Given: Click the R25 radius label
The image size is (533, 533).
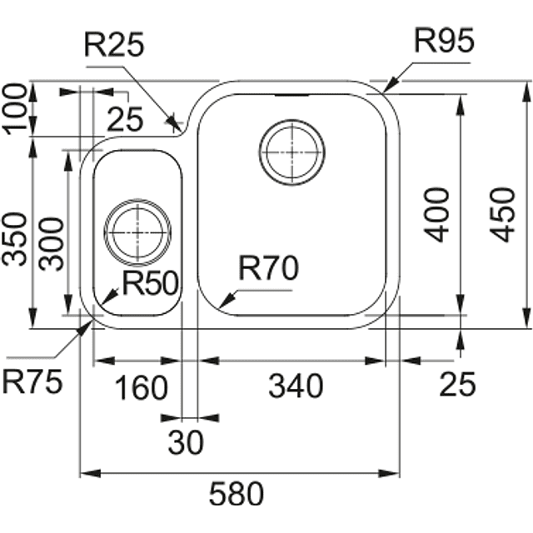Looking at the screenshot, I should coord(114,47).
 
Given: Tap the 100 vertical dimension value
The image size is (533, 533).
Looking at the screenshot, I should coord(17,107).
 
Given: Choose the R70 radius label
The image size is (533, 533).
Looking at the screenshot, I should coord(268,268).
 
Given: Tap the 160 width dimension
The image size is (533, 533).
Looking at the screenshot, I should coord(140,386).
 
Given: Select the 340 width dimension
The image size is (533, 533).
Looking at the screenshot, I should coord(295,386).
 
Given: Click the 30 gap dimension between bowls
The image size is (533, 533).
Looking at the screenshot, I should coord(185,444).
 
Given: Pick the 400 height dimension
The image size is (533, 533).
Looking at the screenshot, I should coord(438,214).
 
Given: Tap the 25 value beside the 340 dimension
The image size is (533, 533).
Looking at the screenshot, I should coord(456,385).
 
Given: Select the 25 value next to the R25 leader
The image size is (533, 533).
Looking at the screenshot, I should coord(126,122).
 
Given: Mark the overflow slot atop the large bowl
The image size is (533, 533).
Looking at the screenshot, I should coord(291,94).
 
